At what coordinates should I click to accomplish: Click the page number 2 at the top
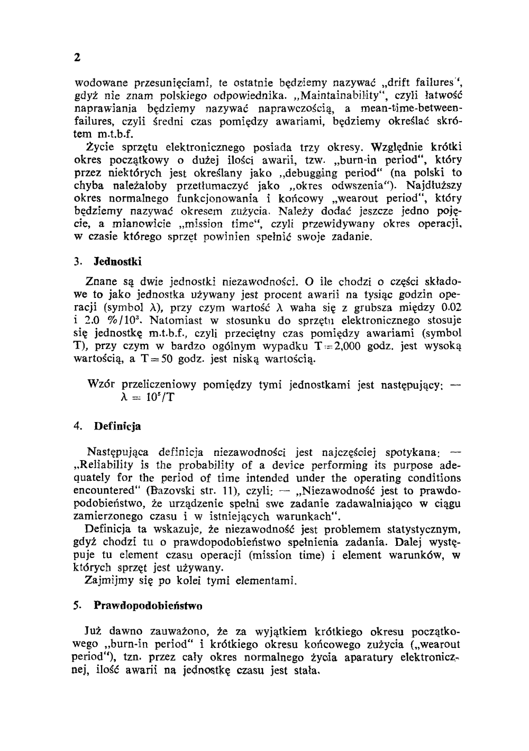point(77,58)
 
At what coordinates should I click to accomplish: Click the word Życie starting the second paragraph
point(100,147)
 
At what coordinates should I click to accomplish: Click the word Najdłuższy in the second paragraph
point(434,186)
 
